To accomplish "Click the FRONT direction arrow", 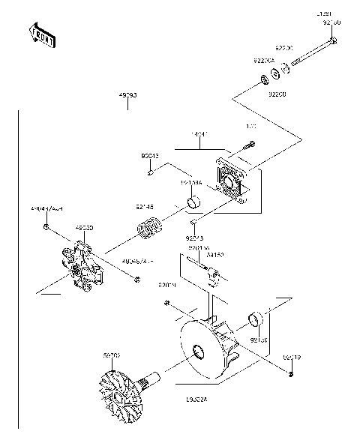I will (x=42, y=35).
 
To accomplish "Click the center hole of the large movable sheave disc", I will (x=199, y=352).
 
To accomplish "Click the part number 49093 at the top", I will (x=127, y=96).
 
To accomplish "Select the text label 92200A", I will (x=262, y=60).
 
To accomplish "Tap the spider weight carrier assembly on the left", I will (x=83, y=265).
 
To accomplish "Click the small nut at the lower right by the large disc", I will (x=290, y=374).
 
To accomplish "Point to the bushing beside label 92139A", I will (x=193, y=202).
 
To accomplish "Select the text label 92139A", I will (x=192, y=182).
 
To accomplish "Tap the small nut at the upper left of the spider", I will (x=47, y=226).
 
